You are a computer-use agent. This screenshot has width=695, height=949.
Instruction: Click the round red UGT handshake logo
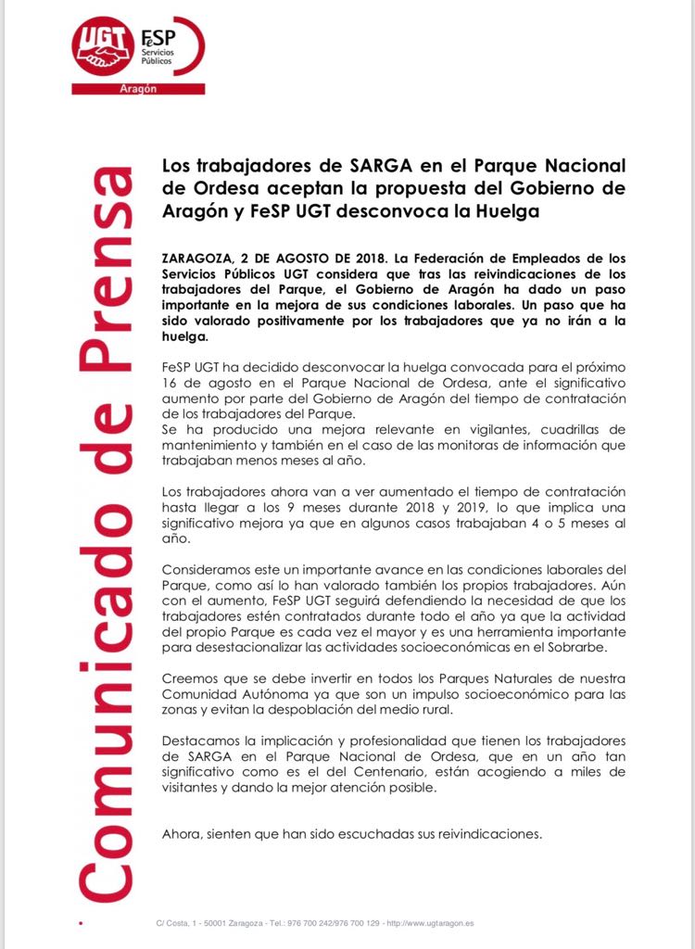[104, 47]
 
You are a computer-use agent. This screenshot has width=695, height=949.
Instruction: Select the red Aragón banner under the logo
[138, 89]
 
